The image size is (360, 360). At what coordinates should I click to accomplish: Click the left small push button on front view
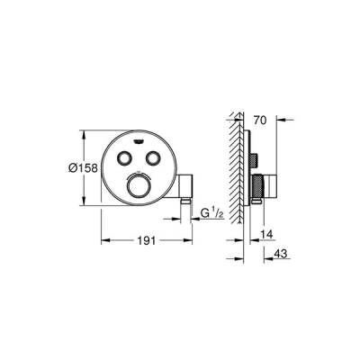[x=125, y=158]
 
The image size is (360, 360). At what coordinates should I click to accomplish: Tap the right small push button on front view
[x=153, y=158]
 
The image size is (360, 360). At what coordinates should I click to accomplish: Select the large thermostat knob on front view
[x=139, y=185]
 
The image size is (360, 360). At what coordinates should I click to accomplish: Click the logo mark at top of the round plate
[x=139, y=140]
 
